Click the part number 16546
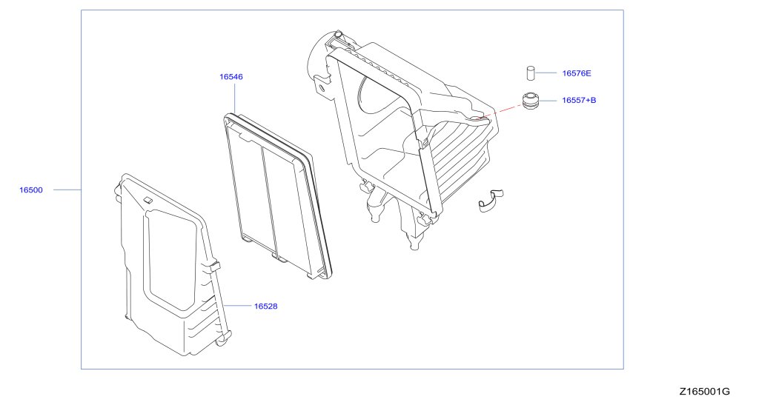[231, 76]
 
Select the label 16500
[31, 190]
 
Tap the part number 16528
[266, 305]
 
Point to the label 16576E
[577, 73]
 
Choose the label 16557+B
[579, 99]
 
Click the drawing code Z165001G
[703, 391]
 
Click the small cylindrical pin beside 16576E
[531, 73]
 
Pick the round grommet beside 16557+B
[530, 99]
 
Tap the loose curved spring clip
[490, 200]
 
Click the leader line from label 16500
[67, 190]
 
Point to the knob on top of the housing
[339, 36]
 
